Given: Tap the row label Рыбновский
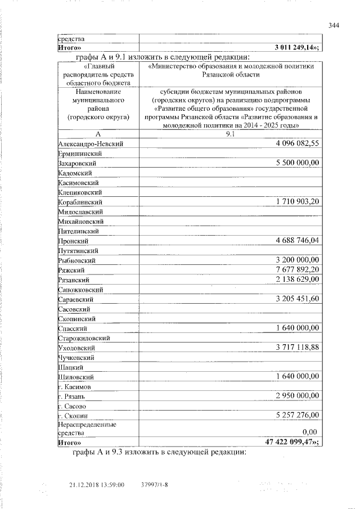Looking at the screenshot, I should click(x=78, y=260).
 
